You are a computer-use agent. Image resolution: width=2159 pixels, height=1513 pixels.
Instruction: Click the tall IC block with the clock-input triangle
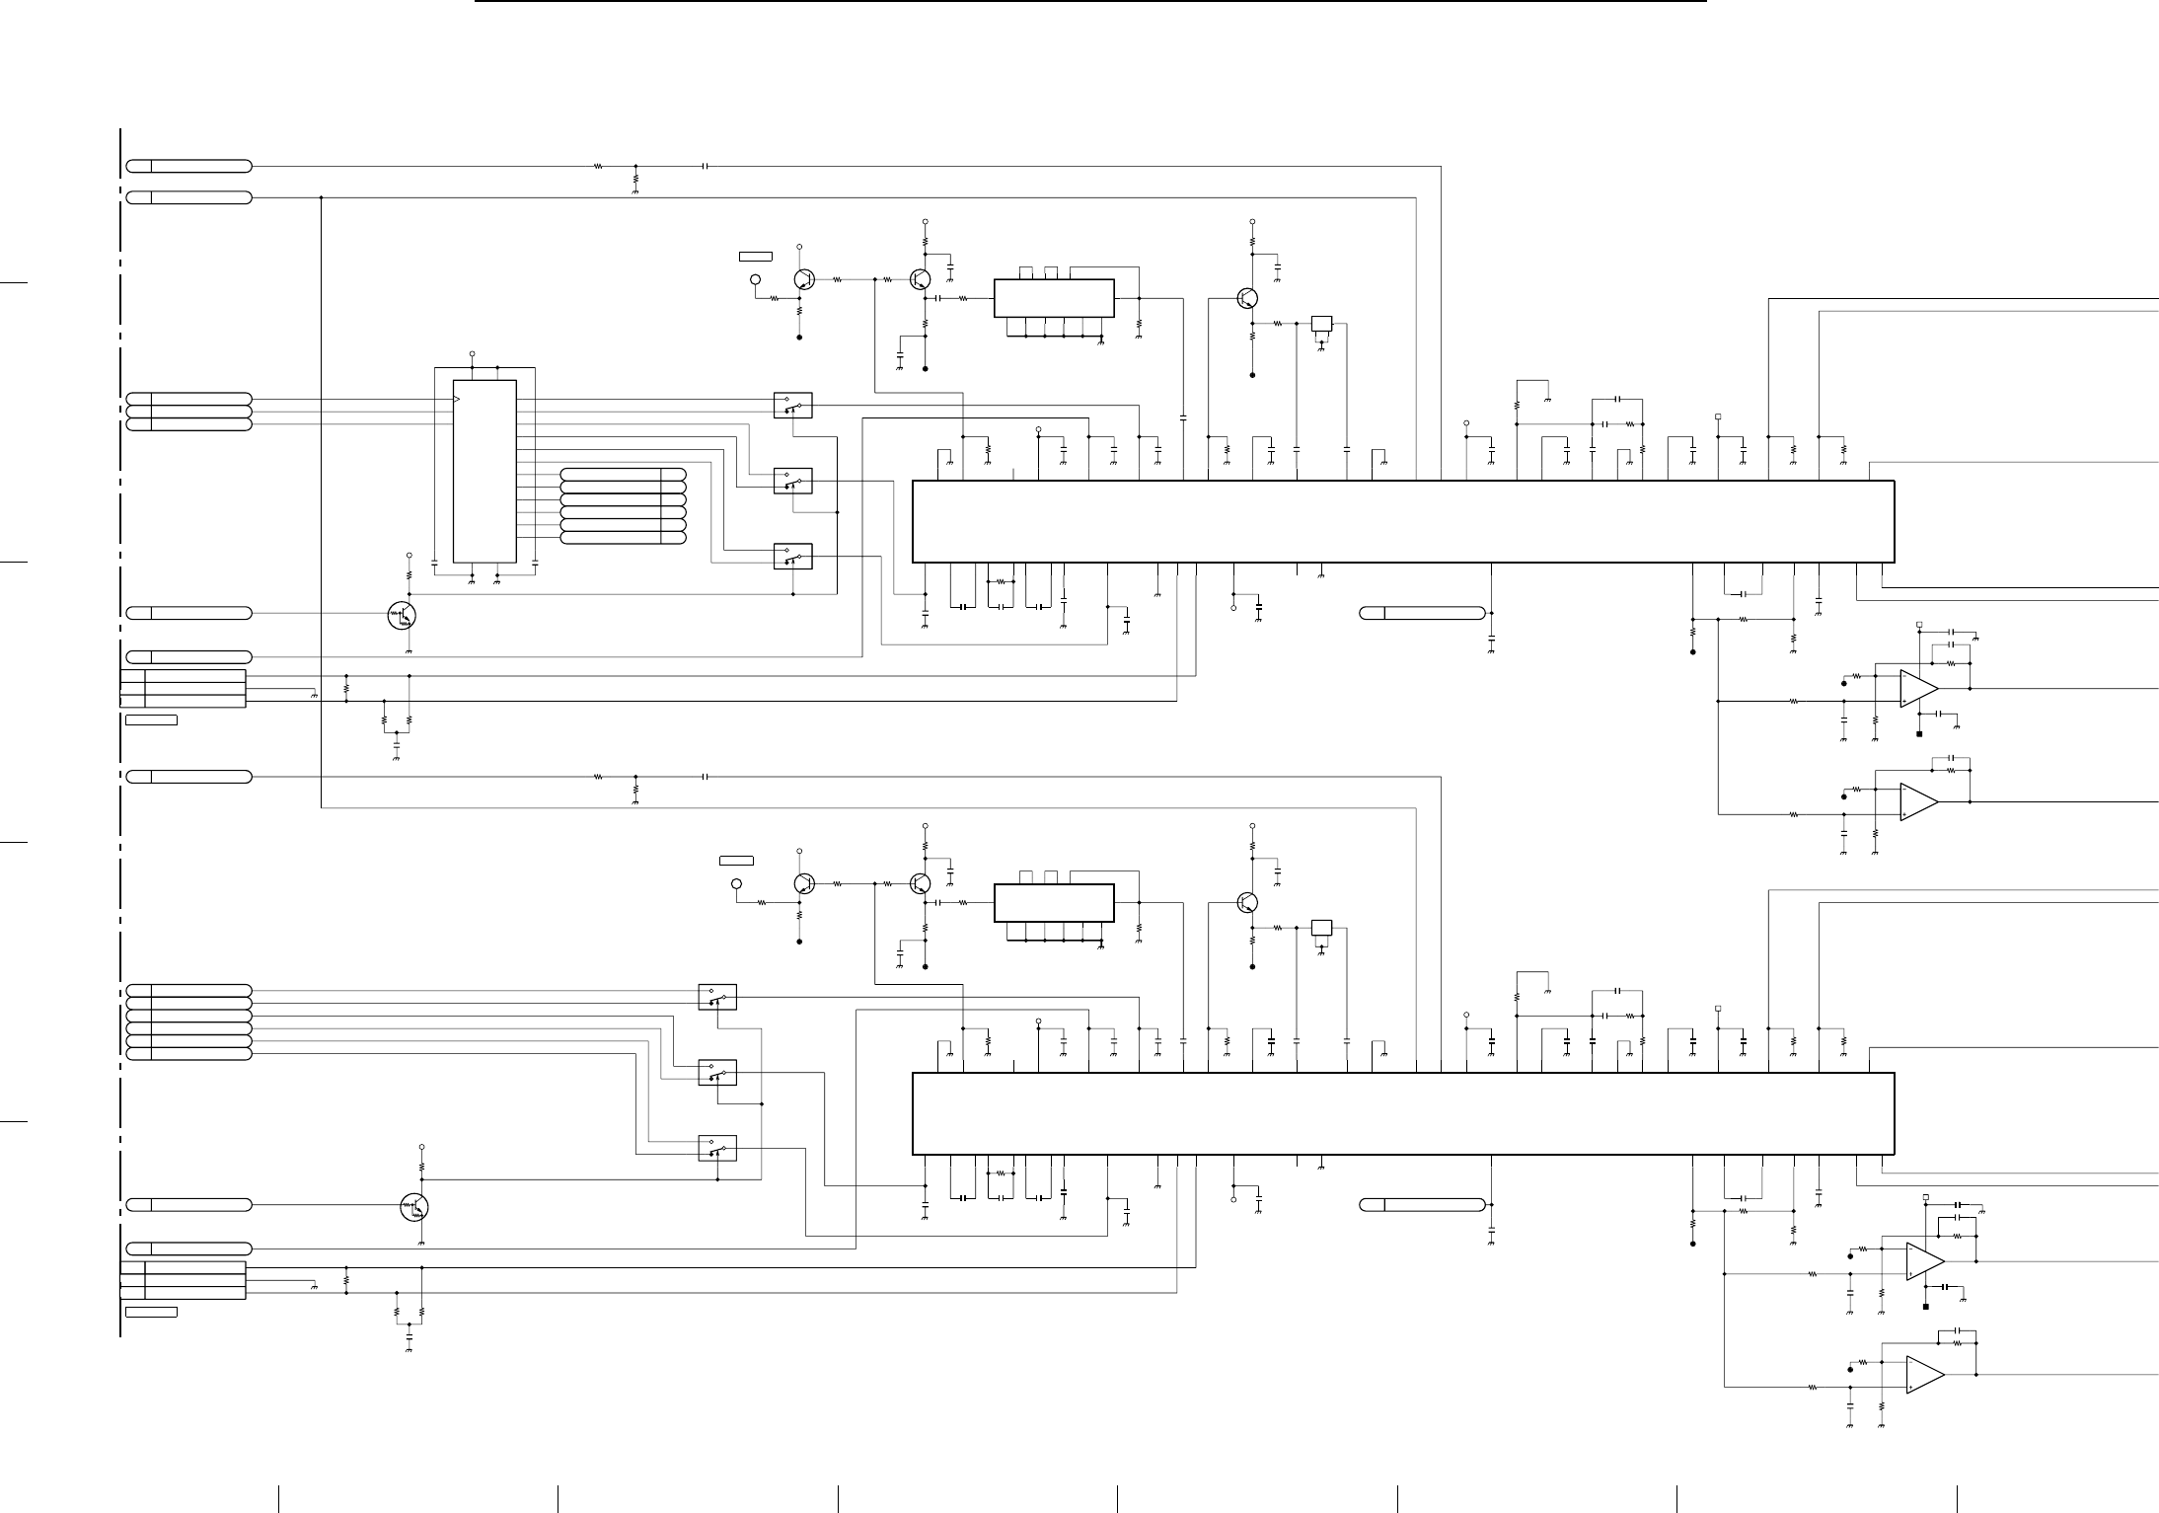(x=484, y=471)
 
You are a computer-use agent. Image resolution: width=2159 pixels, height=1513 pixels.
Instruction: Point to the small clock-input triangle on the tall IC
(x=456, y=399)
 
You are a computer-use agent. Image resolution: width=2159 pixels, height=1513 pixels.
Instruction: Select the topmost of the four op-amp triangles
(x=1918, y=688)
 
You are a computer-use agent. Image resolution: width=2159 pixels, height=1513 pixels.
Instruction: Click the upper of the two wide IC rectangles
(x=1402, y=522)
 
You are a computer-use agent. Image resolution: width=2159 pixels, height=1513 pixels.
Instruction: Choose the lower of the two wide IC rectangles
(x=1402, y=1114)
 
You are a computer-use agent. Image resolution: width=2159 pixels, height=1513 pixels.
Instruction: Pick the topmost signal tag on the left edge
(x=188, y=165)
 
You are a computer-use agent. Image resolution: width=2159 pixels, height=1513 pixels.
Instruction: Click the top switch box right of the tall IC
(x=792, y=405)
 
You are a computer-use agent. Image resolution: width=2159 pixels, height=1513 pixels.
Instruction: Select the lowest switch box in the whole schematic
(x=717, y=1148)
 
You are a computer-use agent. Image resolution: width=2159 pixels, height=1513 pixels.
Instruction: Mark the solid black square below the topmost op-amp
(x=1919, y=733)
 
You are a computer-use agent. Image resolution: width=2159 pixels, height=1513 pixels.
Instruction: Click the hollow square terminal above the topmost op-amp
(x=1919, y=624)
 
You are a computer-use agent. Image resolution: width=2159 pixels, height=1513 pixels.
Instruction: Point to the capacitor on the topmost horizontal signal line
(x=705, y=166)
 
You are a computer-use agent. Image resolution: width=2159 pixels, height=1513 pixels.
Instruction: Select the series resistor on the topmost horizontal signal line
(x=598, y=166)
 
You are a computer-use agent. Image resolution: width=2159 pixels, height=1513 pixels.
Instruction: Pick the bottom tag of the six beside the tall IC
(x=623, y=538)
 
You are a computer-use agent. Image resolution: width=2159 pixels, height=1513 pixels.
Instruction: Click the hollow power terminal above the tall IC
(x=472, y=353)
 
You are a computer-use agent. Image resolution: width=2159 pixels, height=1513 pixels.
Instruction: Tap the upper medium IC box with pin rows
(x=1054, y=298)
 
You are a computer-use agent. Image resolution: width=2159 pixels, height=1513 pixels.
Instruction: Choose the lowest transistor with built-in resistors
(x=415, y=1206)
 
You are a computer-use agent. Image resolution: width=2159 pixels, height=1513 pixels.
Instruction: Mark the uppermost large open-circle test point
(x=757, y=280)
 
